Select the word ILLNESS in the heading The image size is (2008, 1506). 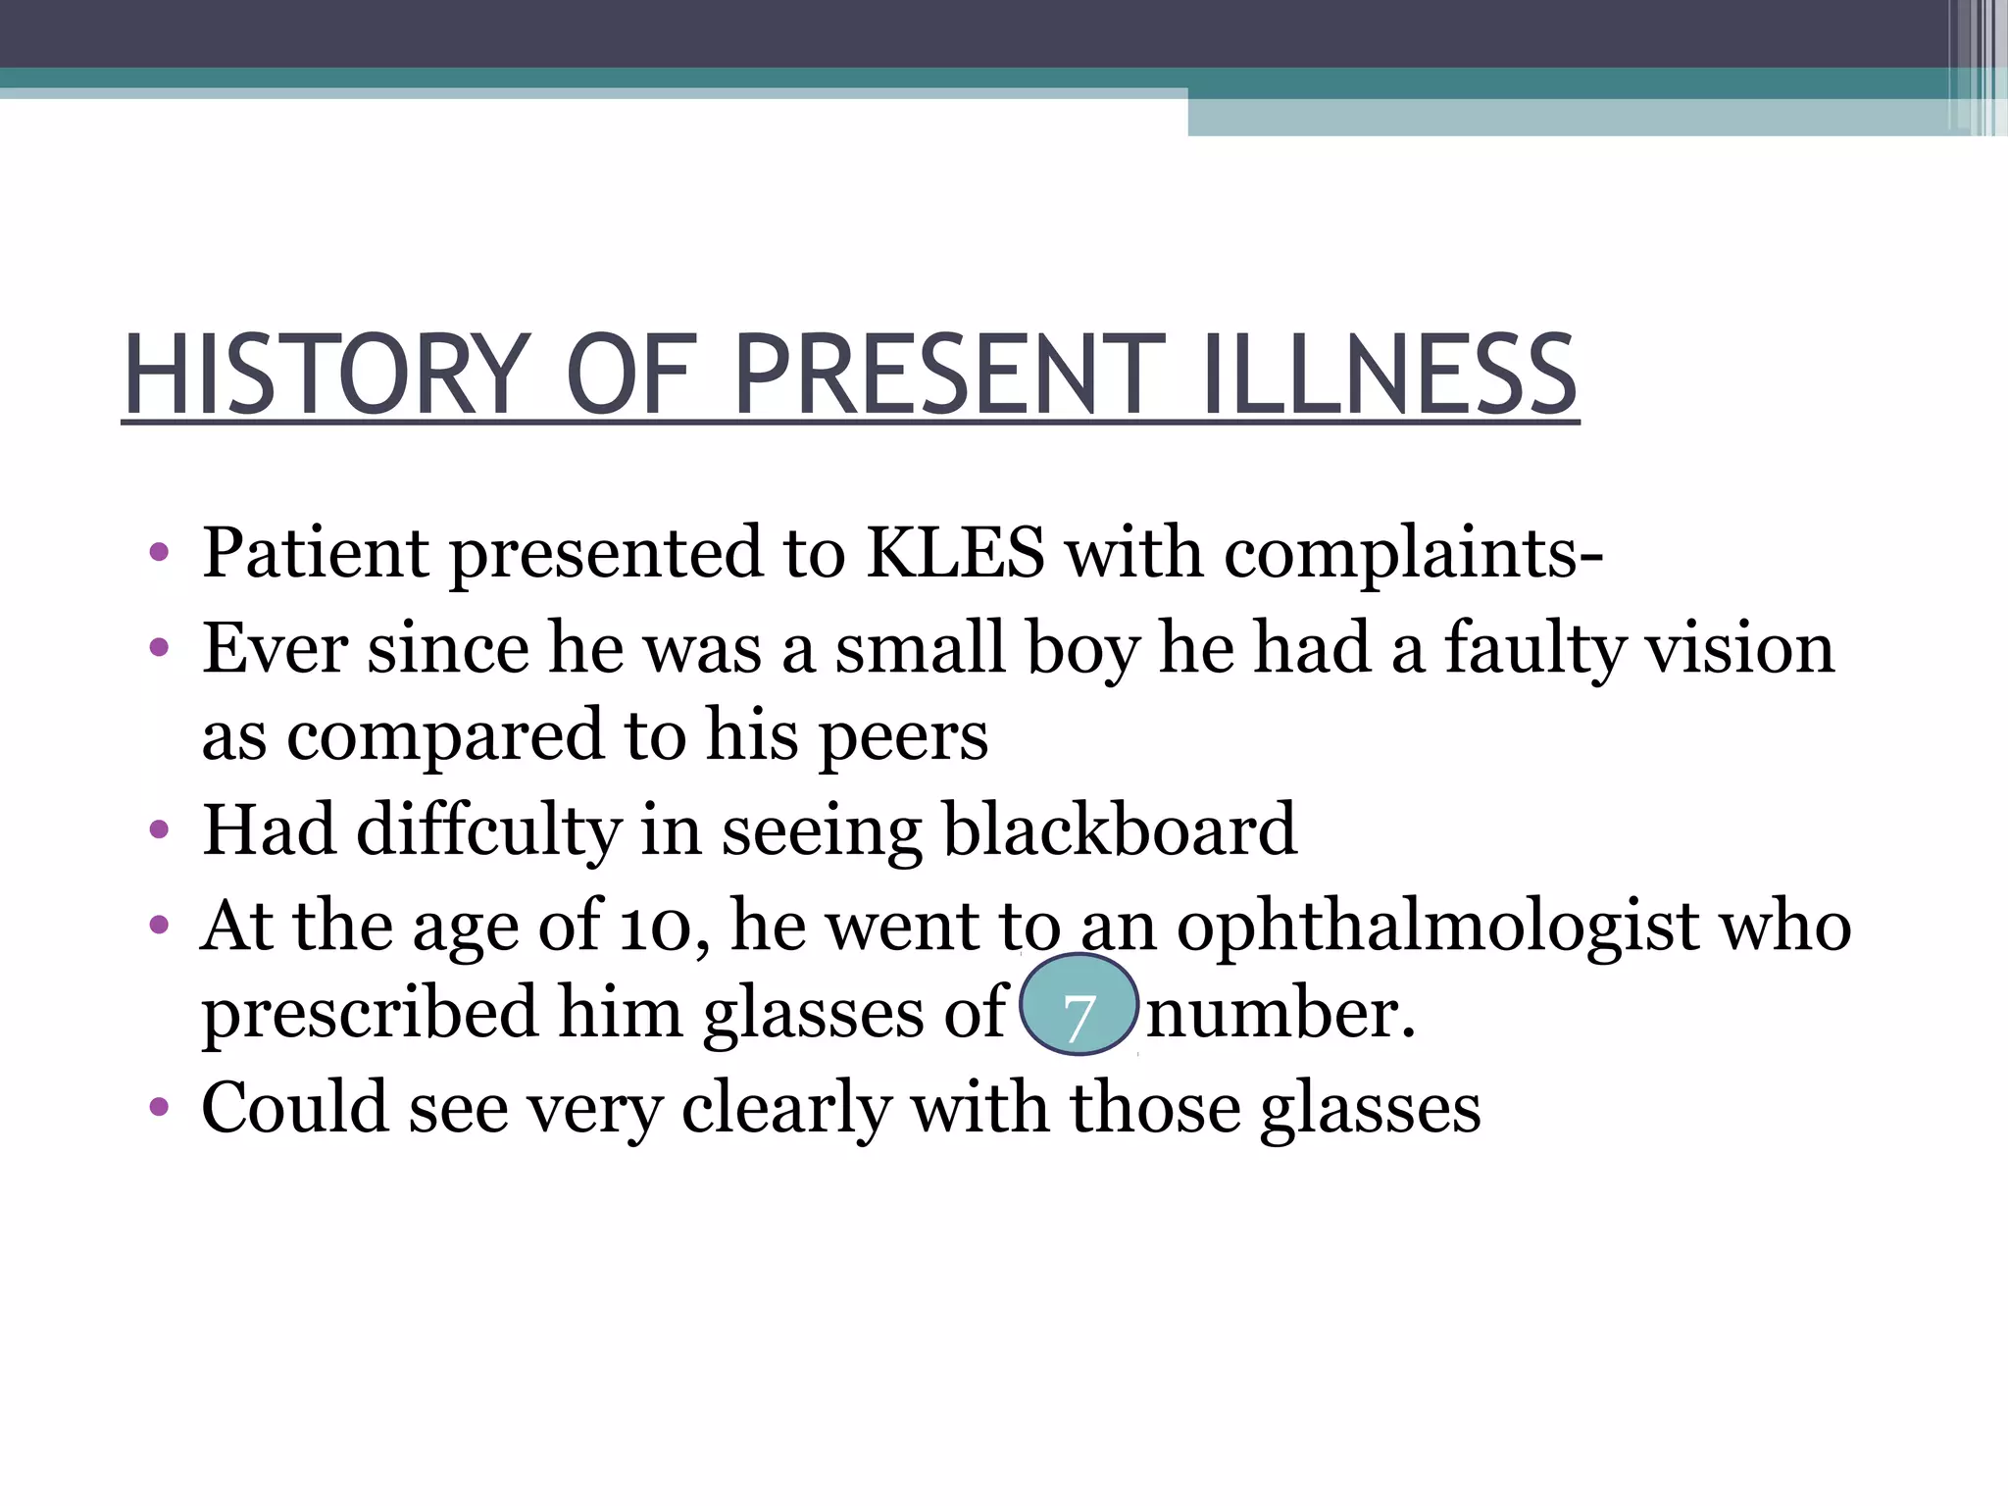[x=1389, y=375]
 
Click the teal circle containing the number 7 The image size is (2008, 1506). [x=1079, y=1005]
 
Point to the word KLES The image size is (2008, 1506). [x=955, y=552]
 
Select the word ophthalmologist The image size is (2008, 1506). [x=1437, y=927]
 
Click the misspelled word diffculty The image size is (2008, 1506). [x=488, y=830]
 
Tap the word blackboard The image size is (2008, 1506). [x=1119, y=830]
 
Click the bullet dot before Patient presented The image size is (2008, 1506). [x=159, y=554]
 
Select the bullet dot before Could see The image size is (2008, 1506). [x=159, y=1109]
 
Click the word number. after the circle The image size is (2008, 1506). [x=1280, y=1014]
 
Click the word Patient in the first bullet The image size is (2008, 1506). [x=315, y=552]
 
